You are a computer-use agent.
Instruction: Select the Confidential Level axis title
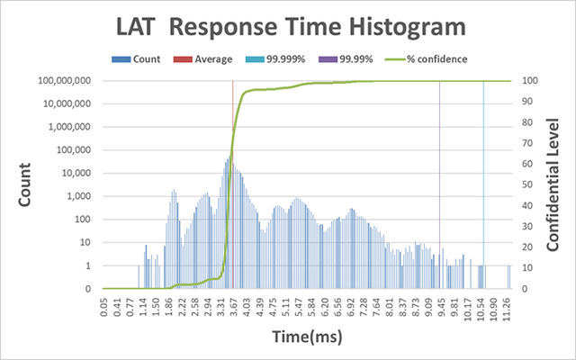(x=555, y=184)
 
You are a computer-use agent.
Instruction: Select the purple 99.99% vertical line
(x=439, y=180)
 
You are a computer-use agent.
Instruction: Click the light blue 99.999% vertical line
(x=483, y=180)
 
